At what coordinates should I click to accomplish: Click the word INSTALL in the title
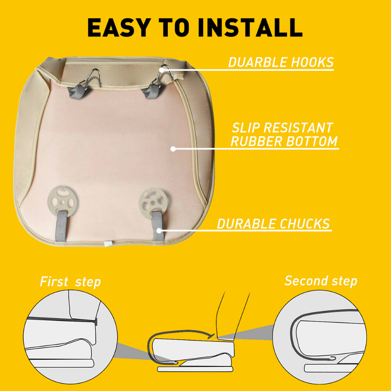coord(250,27)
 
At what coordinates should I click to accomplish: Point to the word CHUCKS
coord(305,224)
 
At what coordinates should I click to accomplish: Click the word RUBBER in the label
coord(256,142)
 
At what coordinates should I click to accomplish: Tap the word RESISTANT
coord(298,128)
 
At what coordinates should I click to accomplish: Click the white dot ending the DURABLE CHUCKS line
coord(159,230)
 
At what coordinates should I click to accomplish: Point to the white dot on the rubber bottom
coord(173,149)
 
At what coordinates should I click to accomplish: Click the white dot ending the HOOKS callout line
coord(161,70)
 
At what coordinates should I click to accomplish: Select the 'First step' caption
coord(70,282)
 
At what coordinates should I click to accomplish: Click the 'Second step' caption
coord(321,281)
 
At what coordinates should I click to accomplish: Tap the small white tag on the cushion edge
coord(108,244)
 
